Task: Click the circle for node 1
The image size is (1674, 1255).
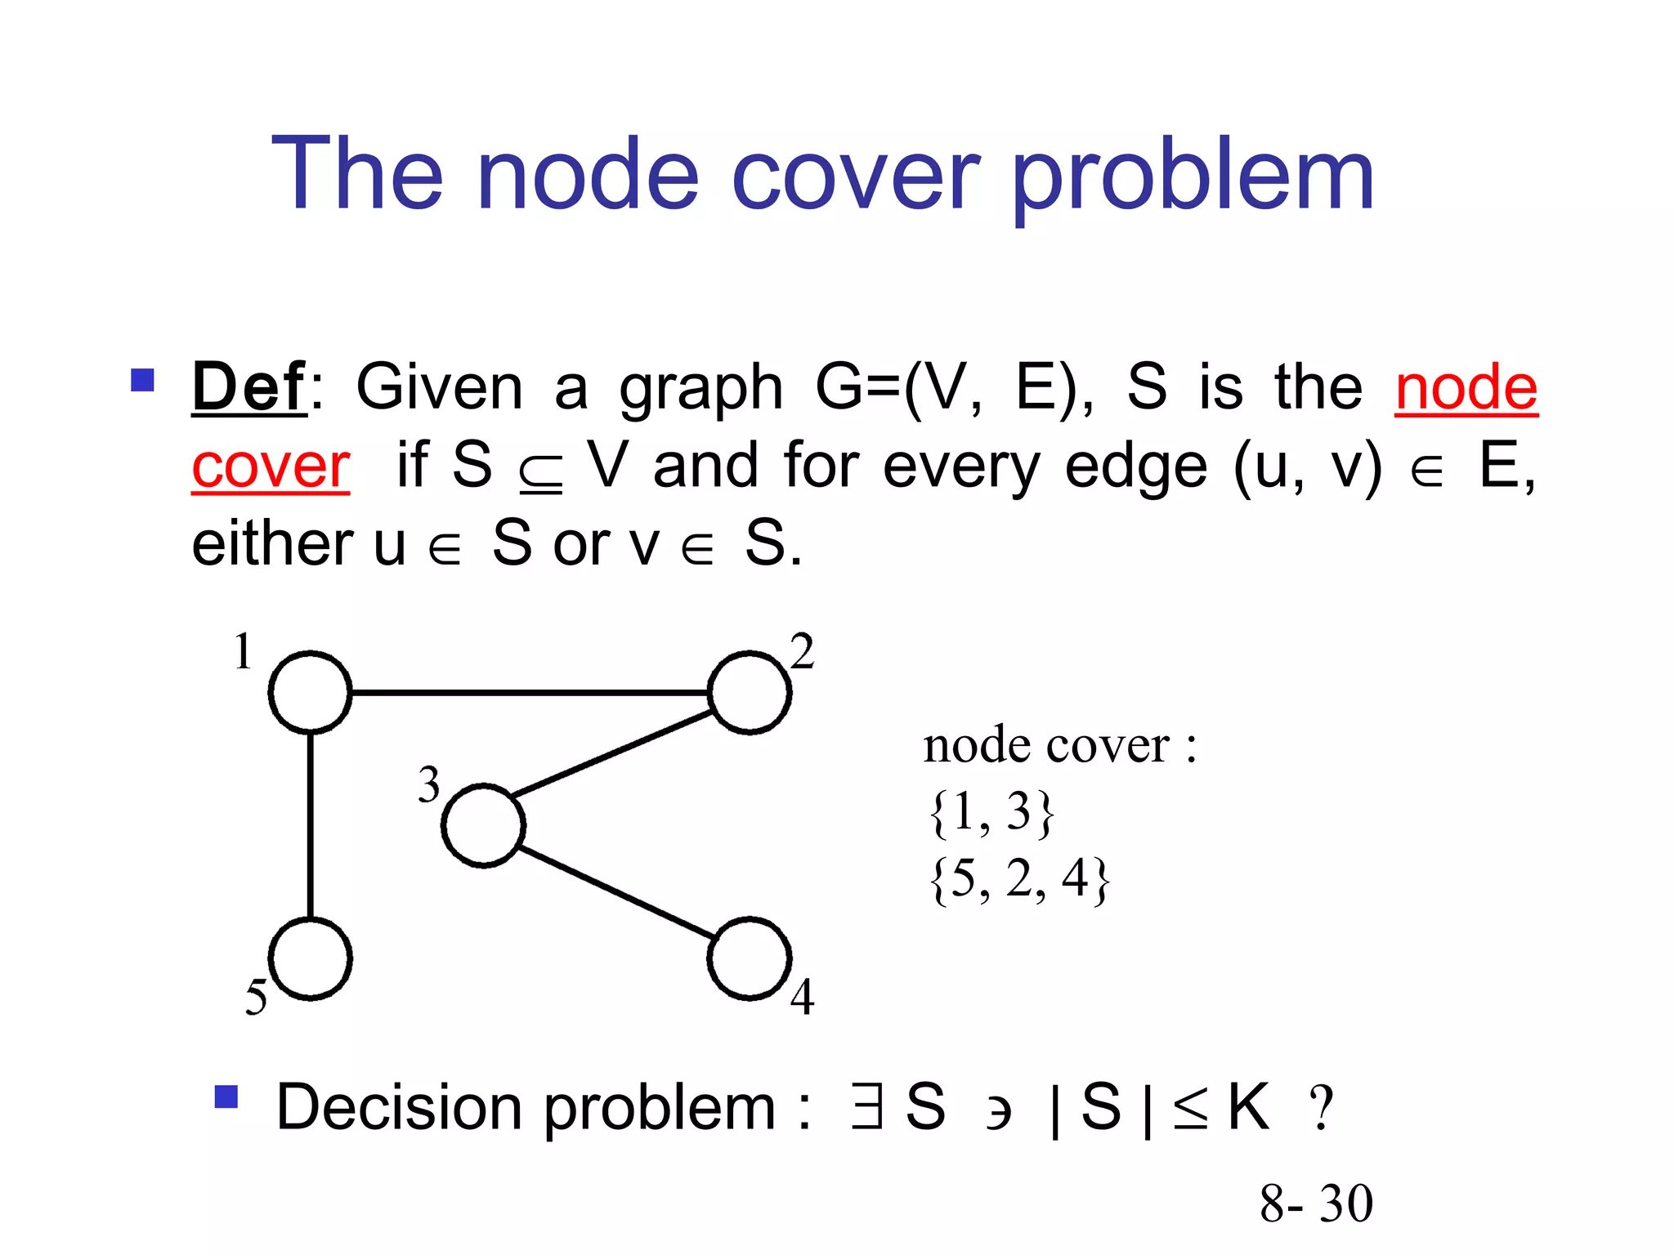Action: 310,692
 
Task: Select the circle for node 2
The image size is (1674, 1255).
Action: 750,692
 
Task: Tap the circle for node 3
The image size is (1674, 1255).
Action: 483,825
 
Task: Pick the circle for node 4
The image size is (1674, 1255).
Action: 750,958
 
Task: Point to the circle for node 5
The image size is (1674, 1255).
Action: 310,958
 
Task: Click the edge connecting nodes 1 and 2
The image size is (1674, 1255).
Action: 530,693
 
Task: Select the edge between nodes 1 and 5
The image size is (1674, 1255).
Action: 311,825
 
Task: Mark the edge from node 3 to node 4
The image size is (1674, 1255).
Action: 617,893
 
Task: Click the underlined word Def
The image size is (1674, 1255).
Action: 248,386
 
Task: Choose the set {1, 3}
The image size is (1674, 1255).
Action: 991,812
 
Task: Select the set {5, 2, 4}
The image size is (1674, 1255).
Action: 1019,879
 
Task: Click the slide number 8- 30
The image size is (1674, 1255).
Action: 1316,1204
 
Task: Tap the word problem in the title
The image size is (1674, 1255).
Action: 1193,176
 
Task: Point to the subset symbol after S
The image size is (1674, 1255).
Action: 541,473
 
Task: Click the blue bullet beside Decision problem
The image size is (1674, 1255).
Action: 226,1096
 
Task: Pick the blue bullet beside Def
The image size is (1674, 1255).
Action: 142,380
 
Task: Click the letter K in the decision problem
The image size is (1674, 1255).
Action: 1248,1107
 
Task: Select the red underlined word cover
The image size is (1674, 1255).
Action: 271,467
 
